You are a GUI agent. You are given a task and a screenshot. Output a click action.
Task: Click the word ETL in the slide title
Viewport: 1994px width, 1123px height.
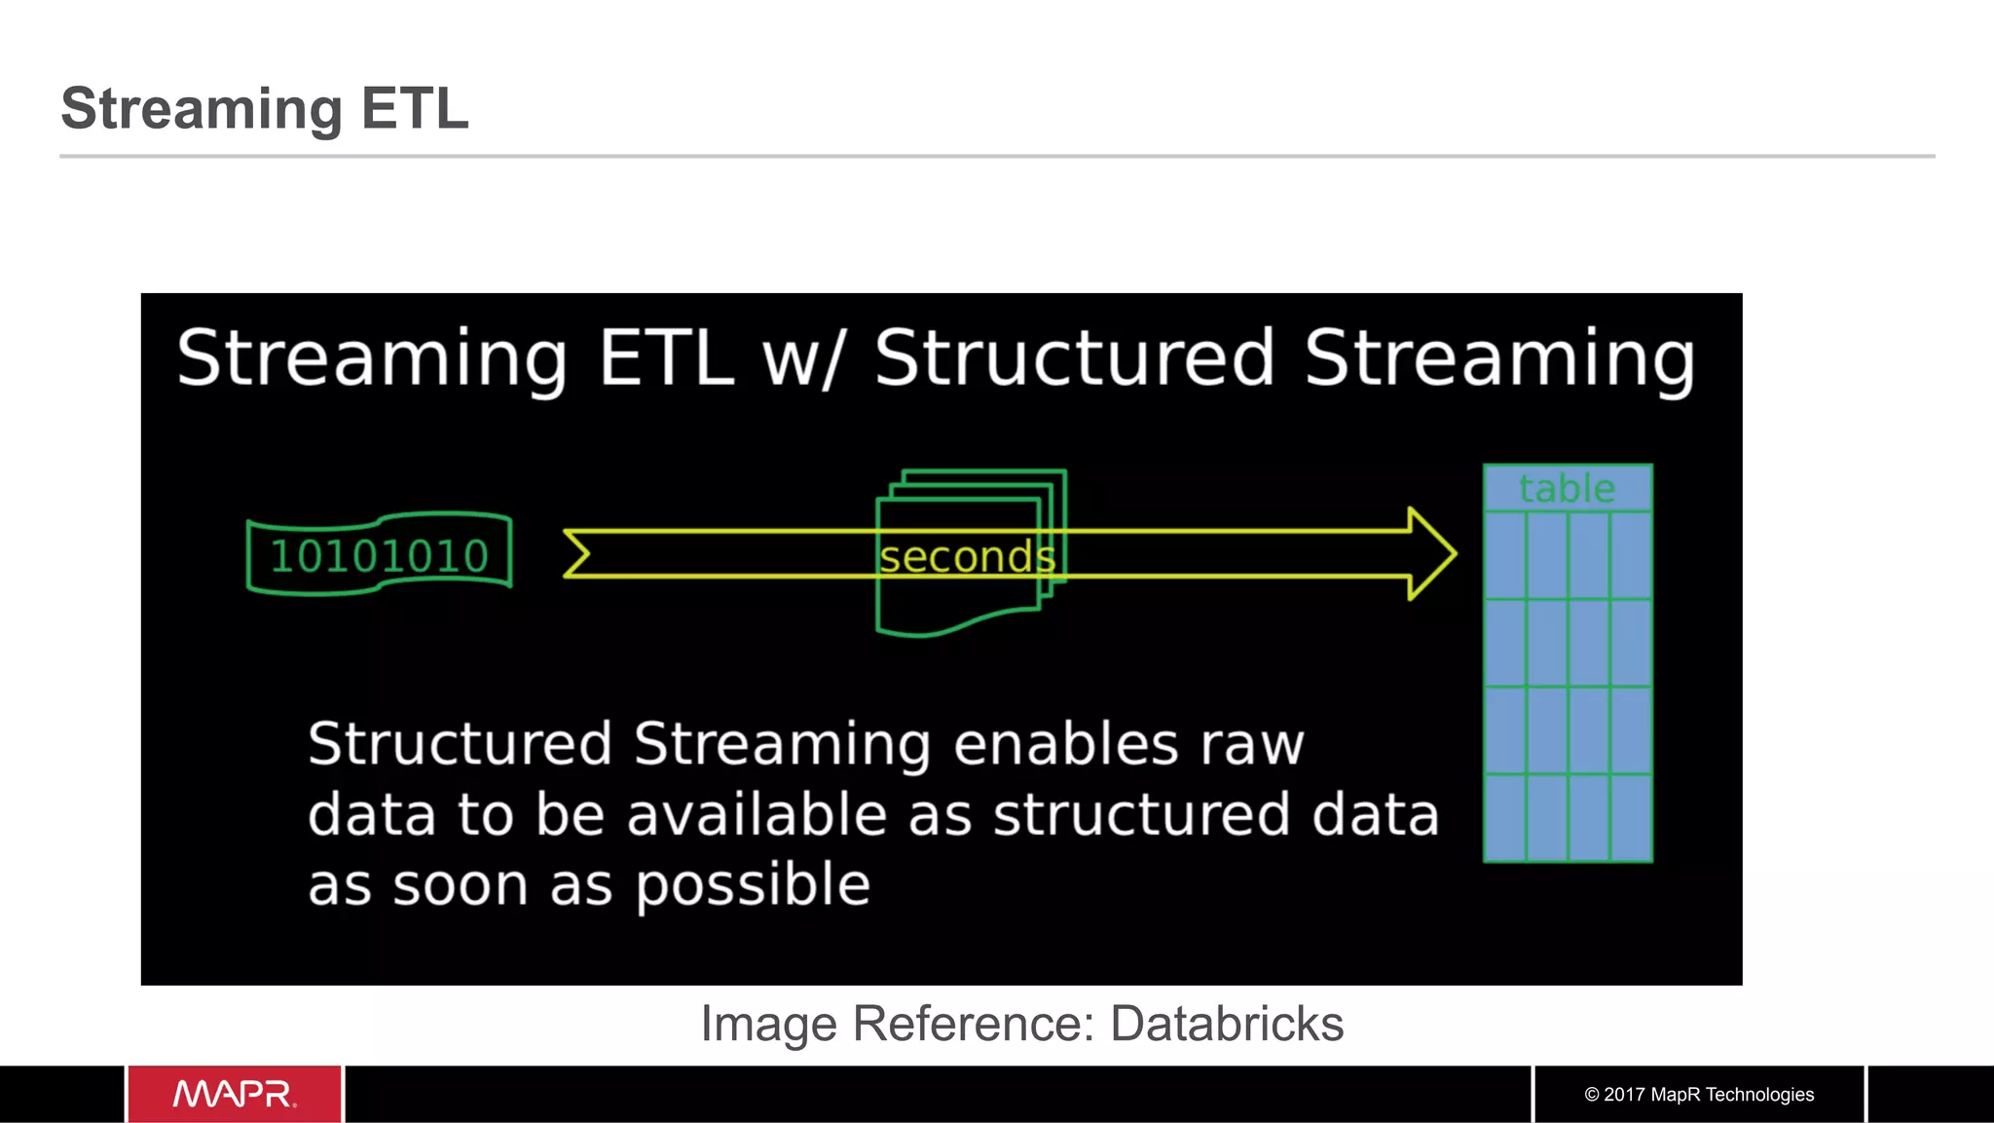tap(415, 108)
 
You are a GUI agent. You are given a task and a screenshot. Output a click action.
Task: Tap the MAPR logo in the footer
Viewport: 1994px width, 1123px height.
tap(235, 1094)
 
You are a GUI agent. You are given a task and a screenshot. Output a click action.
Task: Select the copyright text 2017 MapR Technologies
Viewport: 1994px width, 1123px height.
tap(1699, 1094)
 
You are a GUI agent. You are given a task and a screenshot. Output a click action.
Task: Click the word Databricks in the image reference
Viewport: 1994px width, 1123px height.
tap(1227, 1024)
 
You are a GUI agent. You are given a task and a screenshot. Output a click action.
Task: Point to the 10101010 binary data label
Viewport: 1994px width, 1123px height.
tap(379, 556)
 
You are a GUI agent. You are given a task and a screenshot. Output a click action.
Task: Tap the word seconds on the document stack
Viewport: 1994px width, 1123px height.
tap(967, 557)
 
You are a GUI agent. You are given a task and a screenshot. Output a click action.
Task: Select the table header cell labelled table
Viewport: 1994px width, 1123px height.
tap(1567, 488)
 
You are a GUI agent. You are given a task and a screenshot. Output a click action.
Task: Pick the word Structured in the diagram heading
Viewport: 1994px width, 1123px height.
tap(1075, 358)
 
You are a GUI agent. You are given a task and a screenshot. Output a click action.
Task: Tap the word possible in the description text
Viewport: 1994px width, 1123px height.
tap(753, 885)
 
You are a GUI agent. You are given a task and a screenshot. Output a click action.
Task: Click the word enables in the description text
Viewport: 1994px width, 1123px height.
tap(1066, 745)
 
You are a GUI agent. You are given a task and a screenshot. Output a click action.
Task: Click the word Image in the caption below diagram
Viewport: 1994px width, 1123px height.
tap(768, 1024)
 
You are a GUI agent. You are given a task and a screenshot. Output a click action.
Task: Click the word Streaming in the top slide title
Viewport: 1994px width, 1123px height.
tap(202, 108)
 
